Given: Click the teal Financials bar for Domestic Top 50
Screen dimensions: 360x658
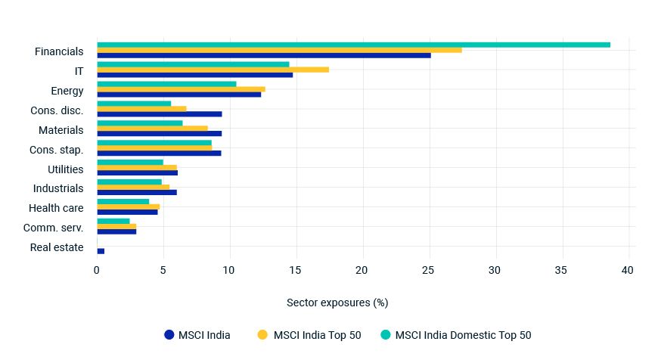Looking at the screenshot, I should coord(353,45).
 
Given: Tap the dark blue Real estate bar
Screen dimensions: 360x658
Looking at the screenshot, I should coord(101,250).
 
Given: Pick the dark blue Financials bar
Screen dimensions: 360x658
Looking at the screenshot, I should coord(263,55).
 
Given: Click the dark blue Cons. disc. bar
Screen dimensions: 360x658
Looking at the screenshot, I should coord(159,114).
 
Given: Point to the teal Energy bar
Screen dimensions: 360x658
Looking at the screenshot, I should coord(166,84).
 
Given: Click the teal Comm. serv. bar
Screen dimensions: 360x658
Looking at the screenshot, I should coord(113,221).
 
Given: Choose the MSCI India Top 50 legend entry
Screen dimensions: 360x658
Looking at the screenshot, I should coord(317,335).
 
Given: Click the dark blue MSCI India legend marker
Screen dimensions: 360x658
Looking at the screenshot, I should coord(169,335).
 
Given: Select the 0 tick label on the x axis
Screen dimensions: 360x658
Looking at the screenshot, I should coord(97,270).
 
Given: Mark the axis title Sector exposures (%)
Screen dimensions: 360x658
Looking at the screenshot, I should coord(337,303).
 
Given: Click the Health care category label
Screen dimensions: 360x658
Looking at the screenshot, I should coord(56,208).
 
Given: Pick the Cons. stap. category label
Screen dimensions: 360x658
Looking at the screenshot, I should coord(56,150).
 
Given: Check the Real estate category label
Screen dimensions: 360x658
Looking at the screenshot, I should coord(57,247).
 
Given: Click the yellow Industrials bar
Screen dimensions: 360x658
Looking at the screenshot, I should coord(133,187).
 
